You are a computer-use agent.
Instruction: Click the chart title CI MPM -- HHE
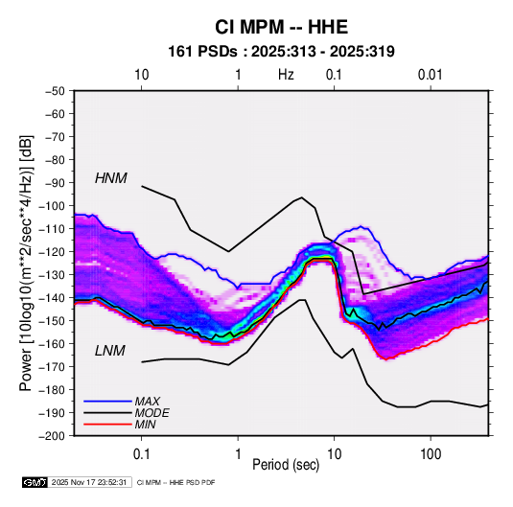click(281, 27)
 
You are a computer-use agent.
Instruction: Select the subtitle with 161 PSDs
click(281, 52)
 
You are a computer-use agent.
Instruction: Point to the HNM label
click(111, 178)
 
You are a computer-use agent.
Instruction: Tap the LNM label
click(110, 351)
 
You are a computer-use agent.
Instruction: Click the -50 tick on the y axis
click(55, 91)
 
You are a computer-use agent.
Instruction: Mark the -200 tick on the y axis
click(53, 436)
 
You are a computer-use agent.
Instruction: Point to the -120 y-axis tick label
click(53, 252)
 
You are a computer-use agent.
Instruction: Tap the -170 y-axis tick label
click(53, 367)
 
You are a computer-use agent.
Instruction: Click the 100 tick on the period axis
click(431, 454)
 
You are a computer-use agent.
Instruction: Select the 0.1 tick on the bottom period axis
click(141, 454)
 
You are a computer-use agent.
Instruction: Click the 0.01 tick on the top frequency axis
click(431, 75)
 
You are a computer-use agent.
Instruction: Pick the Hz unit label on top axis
click(286, 75)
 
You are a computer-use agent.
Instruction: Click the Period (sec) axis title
click(286, 465)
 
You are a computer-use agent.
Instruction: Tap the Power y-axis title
click(26, 263)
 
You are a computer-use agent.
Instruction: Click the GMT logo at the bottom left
click(35, 482)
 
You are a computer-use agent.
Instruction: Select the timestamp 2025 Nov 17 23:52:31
click(89, 482)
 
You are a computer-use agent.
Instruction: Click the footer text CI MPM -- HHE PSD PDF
click(175, 482)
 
